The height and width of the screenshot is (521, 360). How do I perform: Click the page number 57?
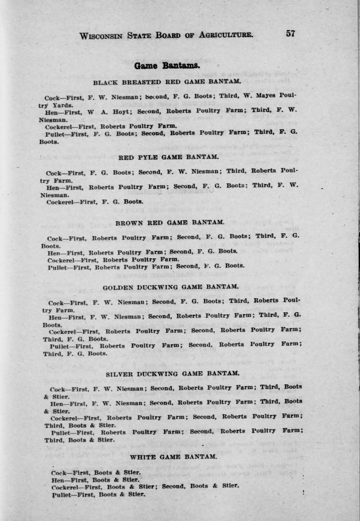290,34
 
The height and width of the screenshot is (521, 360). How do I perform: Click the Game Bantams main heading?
167,66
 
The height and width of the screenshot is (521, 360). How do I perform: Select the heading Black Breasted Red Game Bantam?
167,82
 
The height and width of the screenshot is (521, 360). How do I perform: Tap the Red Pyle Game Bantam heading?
168,157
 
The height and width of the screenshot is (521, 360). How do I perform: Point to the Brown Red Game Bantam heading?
170,223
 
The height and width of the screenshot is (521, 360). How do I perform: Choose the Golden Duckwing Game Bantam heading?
171,287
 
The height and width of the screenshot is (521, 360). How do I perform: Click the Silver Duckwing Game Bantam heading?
173,374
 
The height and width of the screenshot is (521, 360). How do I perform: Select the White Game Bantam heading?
173,457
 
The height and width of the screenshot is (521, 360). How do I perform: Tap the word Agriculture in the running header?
226,35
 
